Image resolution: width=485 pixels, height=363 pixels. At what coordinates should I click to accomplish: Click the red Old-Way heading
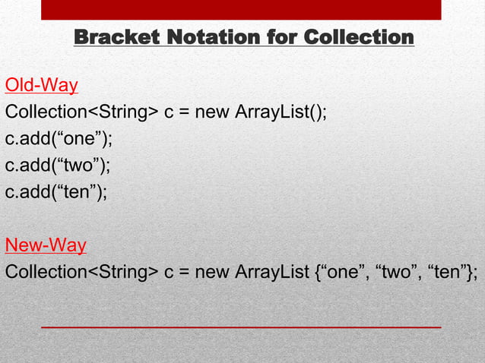(42, 84)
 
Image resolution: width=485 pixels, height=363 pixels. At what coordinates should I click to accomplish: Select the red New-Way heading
(46, 245)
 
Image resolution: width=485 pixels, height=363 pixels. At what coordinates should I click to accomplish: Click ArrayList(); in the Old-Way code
(281, 112)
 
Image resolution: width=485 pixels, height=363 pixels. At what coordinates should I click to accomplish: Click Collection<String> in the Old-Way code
(81, 112)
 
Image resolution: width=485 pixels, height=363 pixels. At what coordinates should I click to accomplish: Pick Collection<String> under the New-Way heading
(81, 273)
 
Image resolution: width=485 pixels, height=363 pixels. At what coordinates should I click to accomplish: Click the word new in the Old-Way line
(212, 112)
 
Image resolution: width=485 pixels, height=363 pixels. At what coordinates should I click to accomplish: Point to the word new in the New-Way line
(212, 273)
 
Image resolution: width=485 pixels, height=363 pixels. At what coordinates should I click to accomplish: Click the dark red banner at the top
(241, 9)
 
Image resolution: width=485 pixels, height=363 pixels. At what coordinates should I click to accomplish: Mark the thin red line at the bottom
(241, 326)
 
